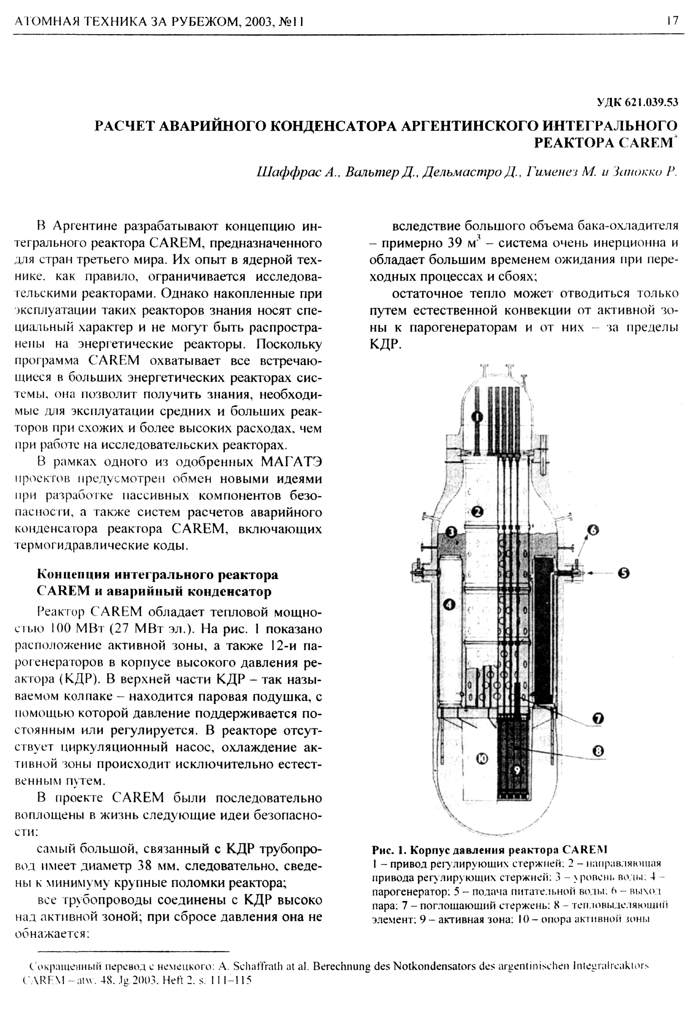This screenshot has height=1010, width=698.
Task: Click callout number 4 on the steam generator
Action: pos(450,604)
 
